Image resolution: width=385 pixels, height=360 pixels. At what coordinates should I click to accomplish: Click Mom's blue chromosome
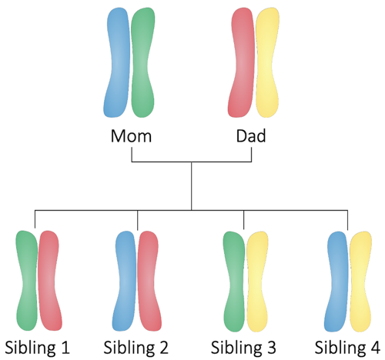[x=117, y=63]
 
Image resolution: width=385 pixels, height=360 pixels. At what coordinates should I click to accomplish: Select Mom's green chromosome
[x=142, y=63]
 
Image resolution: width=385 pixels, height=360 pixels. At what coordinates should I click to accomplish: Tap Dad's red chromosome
[x=242, y=63]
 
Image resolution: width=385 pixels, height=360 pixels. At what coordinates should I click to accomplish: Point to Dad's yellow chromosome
[x=267, y=63]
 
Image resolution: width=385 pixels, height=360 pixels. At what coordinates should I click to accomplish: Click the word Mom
[x=131, y=136]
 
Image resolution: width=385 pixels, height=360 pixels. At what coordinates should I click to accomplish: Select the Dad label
[x=251, y=136]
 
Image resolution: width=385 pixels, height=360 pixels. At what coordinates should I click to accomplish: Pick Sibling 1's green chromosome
[x=27, y=281]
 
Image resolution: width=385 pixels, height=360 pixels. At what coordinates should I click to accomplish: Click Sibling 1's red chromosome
[x=49, y=281]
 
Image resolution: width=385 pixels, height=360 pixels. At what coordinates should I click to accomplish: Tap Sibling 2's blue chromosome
[x=125, y=282]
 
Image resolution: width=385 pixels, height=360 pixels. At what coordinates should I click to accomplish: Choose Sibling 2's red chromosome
[x=149, y=282]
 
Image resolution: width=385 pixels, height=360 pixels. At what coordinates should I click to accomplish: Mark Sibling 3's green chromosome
[x=234, y=282]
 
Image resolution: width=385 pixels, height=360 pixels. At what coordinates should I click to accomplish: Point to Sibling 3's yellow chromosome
[x=257, y=282]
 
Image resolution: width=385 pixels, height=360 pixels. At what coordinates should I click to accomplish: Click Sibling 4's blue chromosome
[x=336, y=282]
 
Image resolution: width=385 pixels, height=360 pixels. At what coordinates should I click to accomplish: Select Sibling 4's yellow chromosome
[x=361, y=282]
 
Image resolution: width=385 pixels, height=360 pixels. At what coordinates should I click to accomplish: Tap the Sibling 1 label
[x=37, y=348]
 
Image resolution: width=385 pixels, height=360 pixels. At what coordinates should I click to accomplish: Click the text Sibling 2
[x=136, y=348]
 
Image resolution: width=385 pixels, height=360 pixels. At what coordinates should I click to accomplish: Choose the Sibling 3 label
[x=243, y=348]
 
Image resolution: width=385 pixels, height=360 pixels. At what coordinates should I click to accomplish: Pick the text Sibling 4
[x=347, y=348]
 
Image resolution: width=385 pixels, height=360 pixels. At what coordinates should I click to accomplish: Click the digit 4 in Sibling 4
[x=375, y=348]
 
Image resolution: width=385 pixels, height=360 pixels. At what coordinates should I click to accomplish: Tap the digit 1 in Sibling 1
[x=65, y=348]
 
